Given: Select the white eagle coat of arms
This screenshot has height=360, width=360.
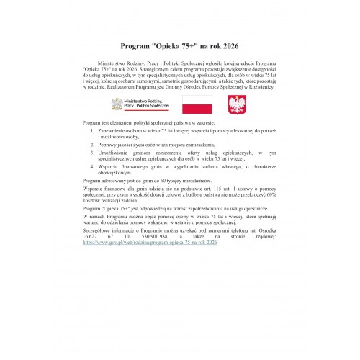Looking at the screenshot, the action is tap(238, 104).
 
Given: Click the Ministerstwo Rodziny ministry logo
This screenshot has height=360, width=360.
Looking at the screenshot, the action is tap(140, 104).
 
